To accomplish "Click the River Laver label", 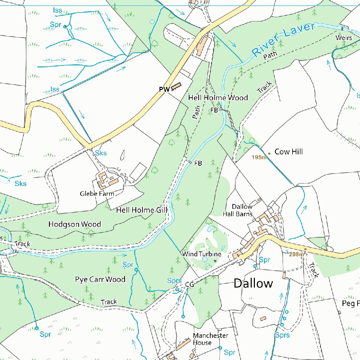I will [x=283, y=40].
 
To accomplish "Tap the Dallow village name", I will [x=253, y=283].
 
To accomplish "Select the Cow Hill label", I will [x=288, y=152].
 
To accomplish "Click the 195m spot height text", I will [x=259, y=157].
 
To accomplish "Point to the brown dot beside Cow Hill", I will [x=269, y=153].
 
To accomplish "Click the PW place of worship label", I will [x=164, y=90].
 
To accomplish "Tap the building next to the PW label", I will [x=176, y=86].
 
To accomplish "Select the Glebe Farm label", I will [x=97, y=194].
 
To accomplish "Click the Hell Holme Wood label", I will [x=218, y=98].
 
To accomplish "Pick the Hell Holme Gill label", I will [x=142, y=210].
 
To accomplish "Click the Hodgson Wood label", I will [x=75, y=224].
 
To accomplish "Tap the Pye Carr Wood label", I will [x=100, y=279].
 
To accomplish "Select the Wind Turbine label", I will [x=201, y=254].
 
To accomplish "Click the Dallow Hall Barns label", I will [x=238, y=210].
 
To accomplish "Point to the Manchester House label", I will [x=210, y=339].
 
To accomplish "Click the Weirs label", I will [x=343, y=38].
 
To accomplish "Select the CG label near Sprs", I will [x=189, y=284].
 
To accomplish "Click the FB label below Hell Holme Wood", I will [x=214, y=110].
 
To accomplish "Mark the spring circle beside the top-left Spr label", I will [x=65, y=27].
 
